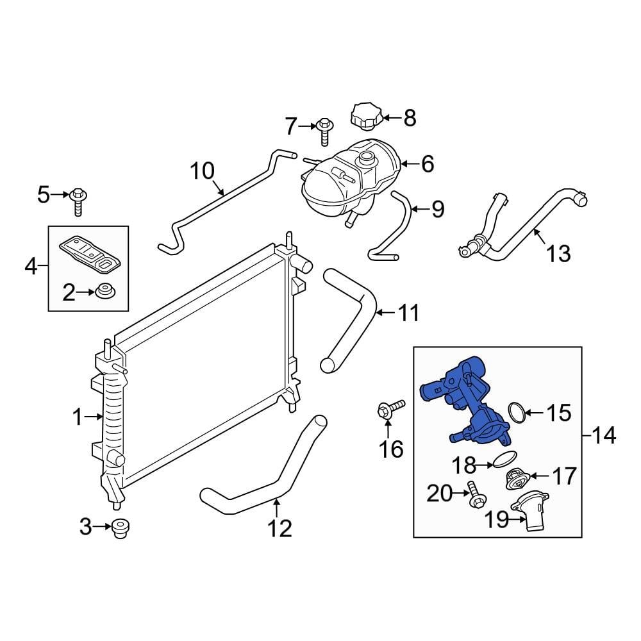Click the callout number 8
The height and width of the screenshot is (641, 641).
tap(410, 118)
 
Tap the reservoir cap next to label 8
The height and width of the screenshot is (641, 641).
tap(365, 116)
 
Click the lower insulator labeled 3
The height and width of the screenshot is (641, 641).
tap(119, 528)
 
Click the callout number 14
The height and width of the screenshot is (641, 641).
tap(604, 437)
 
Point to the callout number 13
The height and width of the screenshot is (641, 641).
tap(559, 253)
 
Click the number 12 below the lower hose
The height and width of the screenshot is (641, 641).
tap(279, 528)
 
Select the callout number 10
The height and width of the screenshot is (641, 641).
tap(203, 172)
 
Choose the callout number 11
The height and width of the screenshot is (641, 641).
tap(408, 313)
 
